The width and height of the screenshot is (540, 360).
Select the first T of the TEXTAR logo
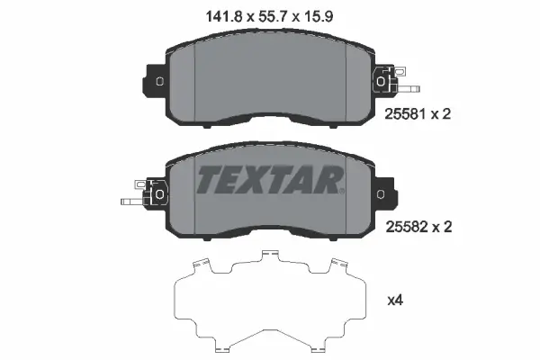[208, 180]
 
